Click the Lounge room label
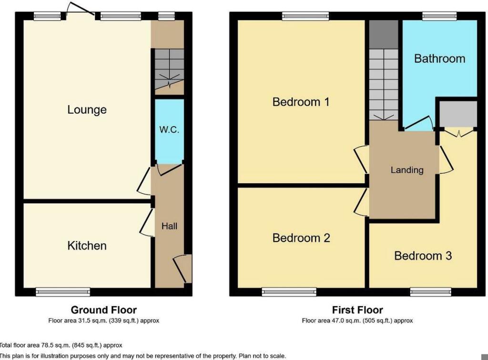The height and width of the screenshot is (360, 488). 87,110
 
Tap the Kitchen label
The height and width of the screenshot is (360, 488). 87,246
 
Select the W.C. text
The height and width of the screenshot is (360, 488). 169,129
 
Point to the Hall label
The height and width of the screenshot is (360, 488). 169,226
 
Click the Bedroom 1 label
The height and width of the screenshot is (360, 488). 301,102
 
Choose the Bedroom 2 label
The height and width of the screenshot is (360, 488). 301,238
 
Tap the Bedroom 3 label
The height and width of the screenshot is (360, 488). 423,256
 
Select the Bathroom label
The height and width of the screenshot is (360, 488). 439,59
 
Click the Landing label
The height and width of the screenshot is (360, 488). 407,170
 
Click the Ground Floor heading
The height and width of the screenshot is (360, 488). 104,310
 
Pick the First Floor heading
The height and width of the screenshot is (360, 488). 357,310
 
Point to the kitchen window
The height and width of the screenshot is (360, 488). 63,291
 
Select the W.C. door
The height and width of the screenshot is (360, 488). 168,169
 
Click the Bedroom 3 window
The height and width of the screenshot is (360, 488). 431,291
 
